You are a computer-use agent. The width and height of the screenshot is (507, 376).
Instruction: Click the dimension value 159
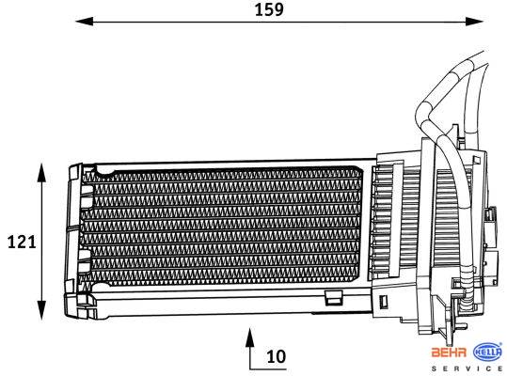269,9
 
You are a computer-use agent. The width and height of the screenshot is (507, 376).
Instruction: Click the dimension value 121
22,242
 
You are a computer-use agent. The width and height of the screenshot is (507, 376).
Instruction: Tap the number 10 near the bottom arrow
277,356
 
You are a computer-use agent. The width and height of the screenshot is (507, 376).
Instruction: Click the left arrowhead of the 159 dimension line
84,22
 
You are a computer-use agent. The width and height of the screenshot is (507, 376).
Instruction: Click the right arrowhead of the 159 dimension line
474,22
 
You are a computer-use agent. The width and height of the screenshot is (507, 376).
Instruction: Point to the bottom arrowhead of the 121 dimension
41,310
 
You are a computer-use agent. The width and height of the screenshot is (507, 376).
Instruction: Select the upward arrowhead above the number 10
249,337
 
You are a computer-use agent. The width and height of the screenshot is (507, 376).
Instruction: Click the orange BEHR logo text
450,352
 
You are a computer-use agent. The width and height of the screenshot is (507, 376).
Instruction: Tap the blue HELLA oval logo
487,352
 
